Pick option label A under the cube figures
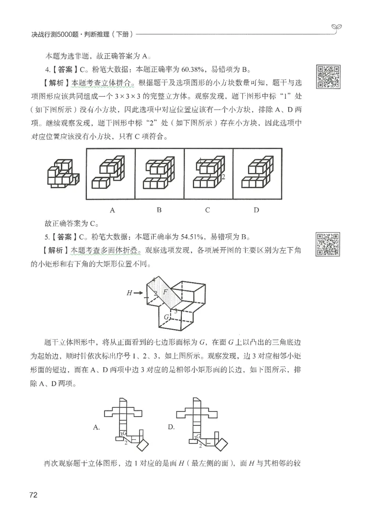click(112, 210)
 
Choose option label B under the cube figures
click(159, 210)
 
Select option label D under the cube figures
click(256, 210)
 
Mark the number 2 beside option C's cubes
click(224, 177)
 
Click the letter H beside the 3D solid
click(129, 293)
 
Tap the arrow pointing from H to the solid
click(140, 293)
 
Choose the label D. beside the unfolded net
click(171, 427)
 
